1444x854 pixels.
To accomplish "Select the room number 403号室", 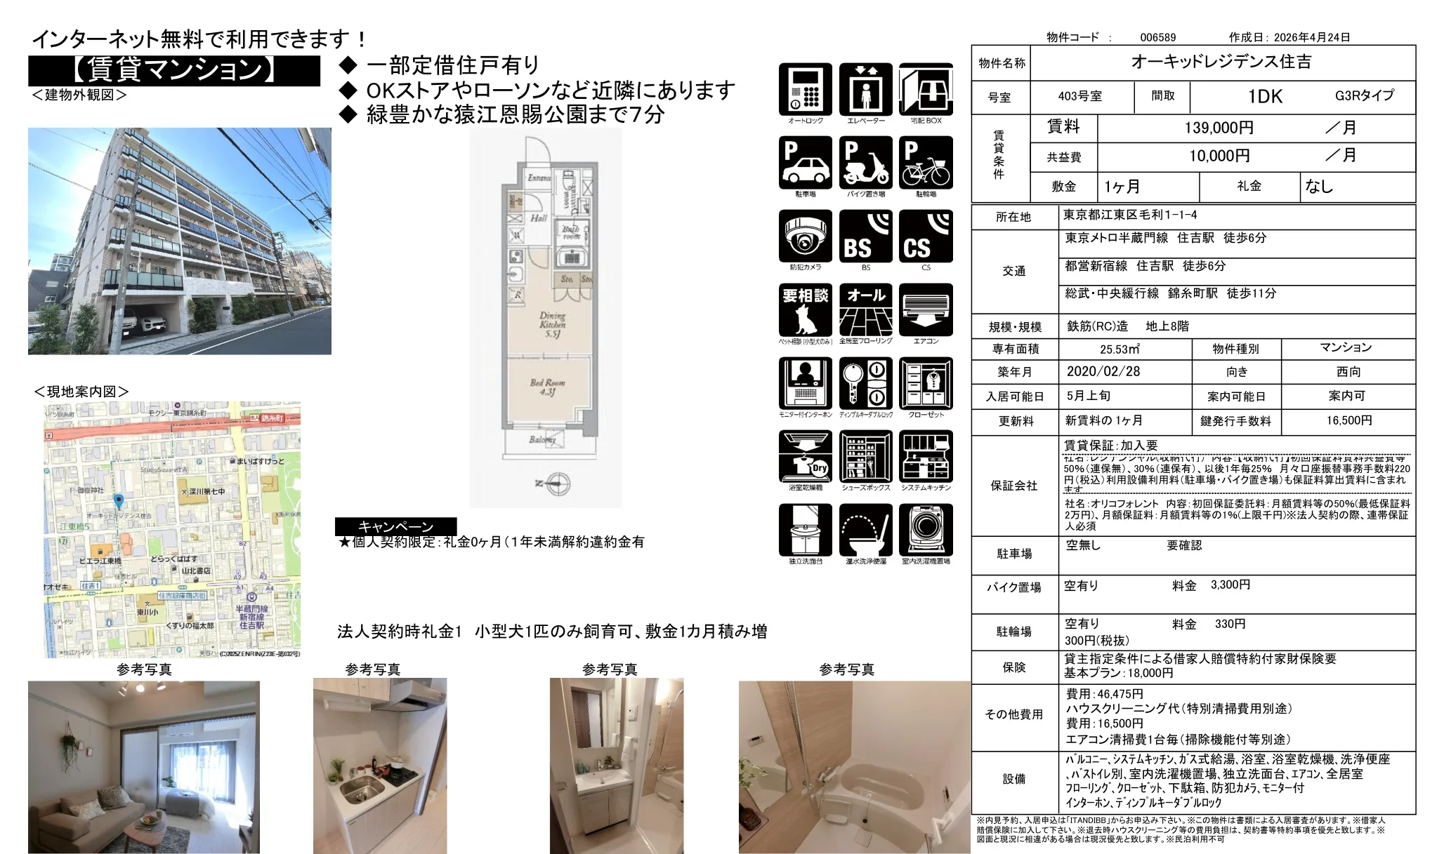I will (1080, 97).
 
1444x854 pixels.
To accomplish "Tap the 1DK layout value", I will (1265, 97).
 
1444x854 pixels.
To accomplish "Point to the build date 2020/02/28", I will (1103, 372).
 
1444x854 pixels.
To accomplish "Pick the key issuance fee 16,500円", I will (1348, 420).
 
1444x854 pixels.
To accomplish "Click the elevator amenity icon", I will (865, 90).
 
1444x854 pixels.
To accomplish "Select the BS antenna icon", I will (865, 236).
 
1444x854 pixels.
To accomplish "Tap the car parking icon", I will (805, 163).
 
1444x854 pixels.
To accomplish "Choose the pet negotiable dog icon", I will (805, 310).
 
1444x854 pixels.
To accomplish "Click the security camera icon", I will (805, 236).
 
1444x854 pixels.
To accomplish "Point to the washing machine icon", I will (926, 530).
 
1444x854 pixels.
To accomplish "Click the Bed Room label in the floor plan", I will (547, 387).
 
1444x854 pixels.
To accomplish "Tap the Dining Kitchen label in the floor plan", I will (552, 324).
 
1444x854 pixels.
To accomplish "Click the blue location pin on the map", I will (119, 501).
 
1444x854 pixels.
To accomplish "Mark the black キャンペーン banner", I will (395, 526).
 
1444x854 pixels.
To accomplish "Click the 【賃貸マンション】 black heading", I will (174, 70).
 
